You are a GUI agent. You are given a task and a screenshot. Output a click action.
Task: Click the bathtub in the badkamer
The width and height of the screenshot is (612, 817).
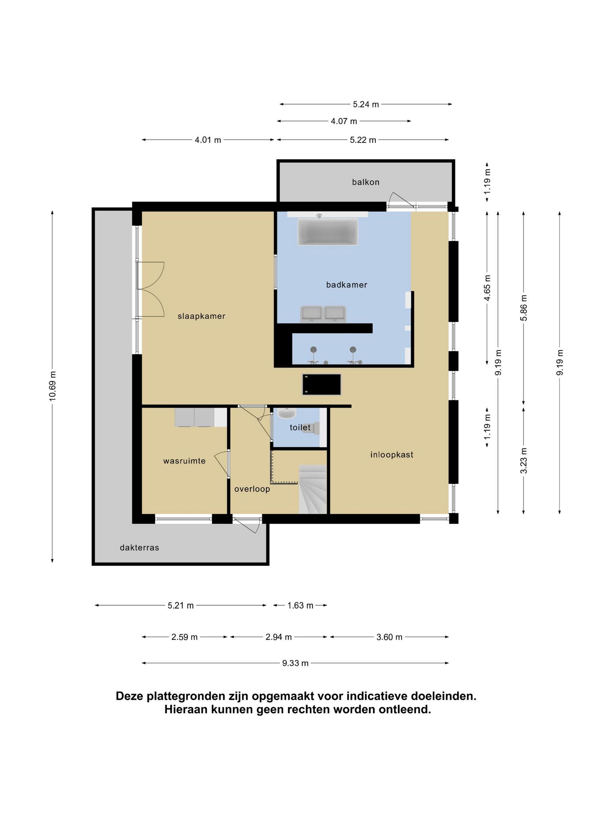click(328, 232)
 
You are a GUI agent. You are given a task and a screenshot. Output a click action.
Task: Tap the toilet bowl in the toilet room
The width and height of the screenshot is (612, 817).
click(316, 428)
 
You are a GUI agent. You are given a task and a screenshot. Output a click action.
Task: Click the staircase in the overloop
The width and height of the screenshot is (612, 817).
click(313, 489)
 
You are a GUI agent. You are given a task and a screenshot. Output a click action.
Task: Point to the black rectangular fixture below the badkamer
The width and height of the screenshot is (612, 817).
click(322, 385)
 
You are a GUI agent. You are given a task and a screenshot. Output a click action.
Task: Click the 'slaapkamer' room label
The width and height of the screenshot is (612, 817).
click(202, 316)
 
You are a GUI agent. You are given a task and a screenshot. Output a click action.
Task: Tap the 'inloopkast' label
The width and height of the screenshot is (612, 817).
click(392, 454)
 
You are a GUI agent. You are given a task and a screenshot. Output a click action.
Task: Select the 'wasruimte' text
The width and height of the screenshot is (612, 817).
click(184, 461)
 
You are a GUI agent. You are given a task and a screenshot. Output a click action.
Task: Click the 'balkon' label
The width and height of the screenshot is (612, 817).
click(366, 182)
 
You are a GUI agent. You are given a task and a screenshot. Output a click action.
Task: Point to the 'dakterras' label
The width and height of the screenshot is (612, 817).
click(139, 548)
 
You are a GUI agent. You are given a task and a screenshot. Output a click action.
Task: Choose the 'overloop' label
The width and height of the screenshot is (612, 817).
click(252, 489)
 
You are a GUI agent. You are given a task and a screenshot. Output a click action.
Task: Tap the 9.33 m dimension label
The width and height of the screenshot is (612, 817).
click(295, 663)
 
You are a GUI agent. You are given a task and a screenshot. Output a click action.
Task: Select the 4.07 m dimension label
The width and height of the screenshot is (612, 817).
click(344, 121)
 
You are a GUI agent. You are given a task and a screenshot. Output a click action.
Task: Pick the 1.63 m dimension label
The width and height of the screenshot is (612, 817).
click(300, 606)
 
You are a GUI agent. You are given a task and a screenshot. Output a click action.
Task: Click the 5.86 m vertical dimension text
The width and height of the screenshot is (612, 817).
click(524, 308)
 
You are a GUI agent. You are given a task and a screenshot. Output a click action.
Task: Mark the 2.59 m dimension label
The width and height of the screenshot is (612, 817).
click(184, 637)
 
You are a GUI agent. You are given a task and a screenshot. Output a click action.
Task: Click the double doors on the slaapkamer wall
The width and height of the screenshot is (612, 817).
click(150, 289)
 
